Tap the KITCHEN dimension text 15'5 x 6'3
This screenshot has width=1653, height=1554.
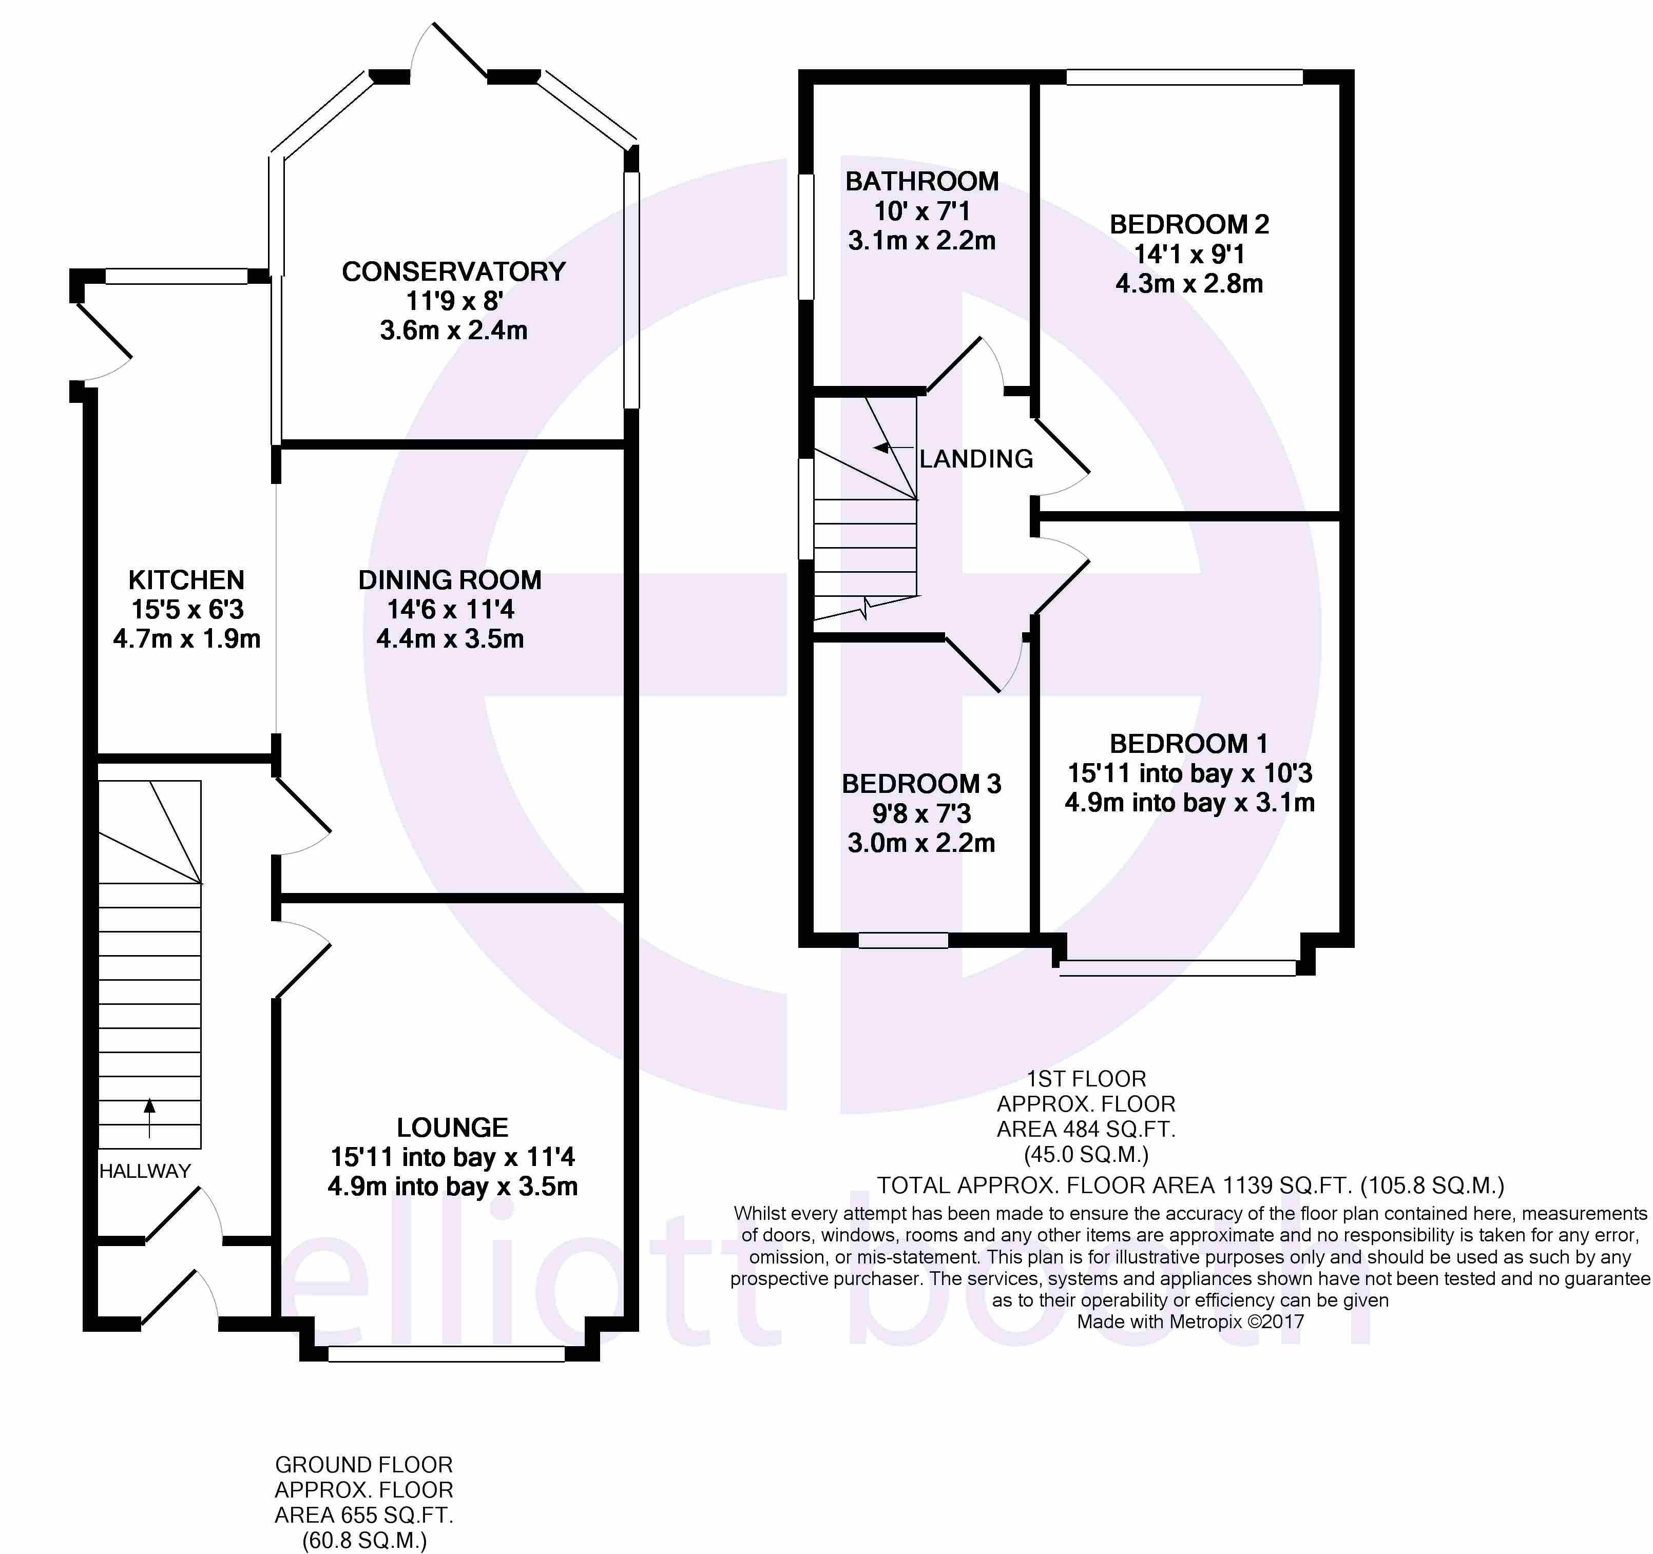point(187,610)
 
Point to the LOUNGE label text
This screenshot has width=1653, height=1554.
point(452,1128)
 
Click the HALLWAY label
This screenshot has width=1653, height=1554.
point(145,1171)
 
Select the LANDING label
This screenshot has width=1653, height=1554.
point(976,459)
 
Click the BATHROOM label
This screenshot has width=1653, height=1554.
point(922,181)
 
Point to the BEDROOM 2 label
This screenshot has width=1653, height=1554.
point(1189,224)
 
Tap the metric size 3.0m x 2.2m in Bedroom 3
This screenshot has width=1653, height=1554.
point(921,843)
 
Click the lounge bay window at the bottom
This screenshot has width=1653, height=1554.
point(447,1354)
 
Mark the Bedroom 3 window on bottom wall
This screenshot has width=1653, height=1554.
point(903,940)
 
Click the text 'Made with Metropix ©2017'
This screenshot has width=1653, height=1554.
point(1190,1321)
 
